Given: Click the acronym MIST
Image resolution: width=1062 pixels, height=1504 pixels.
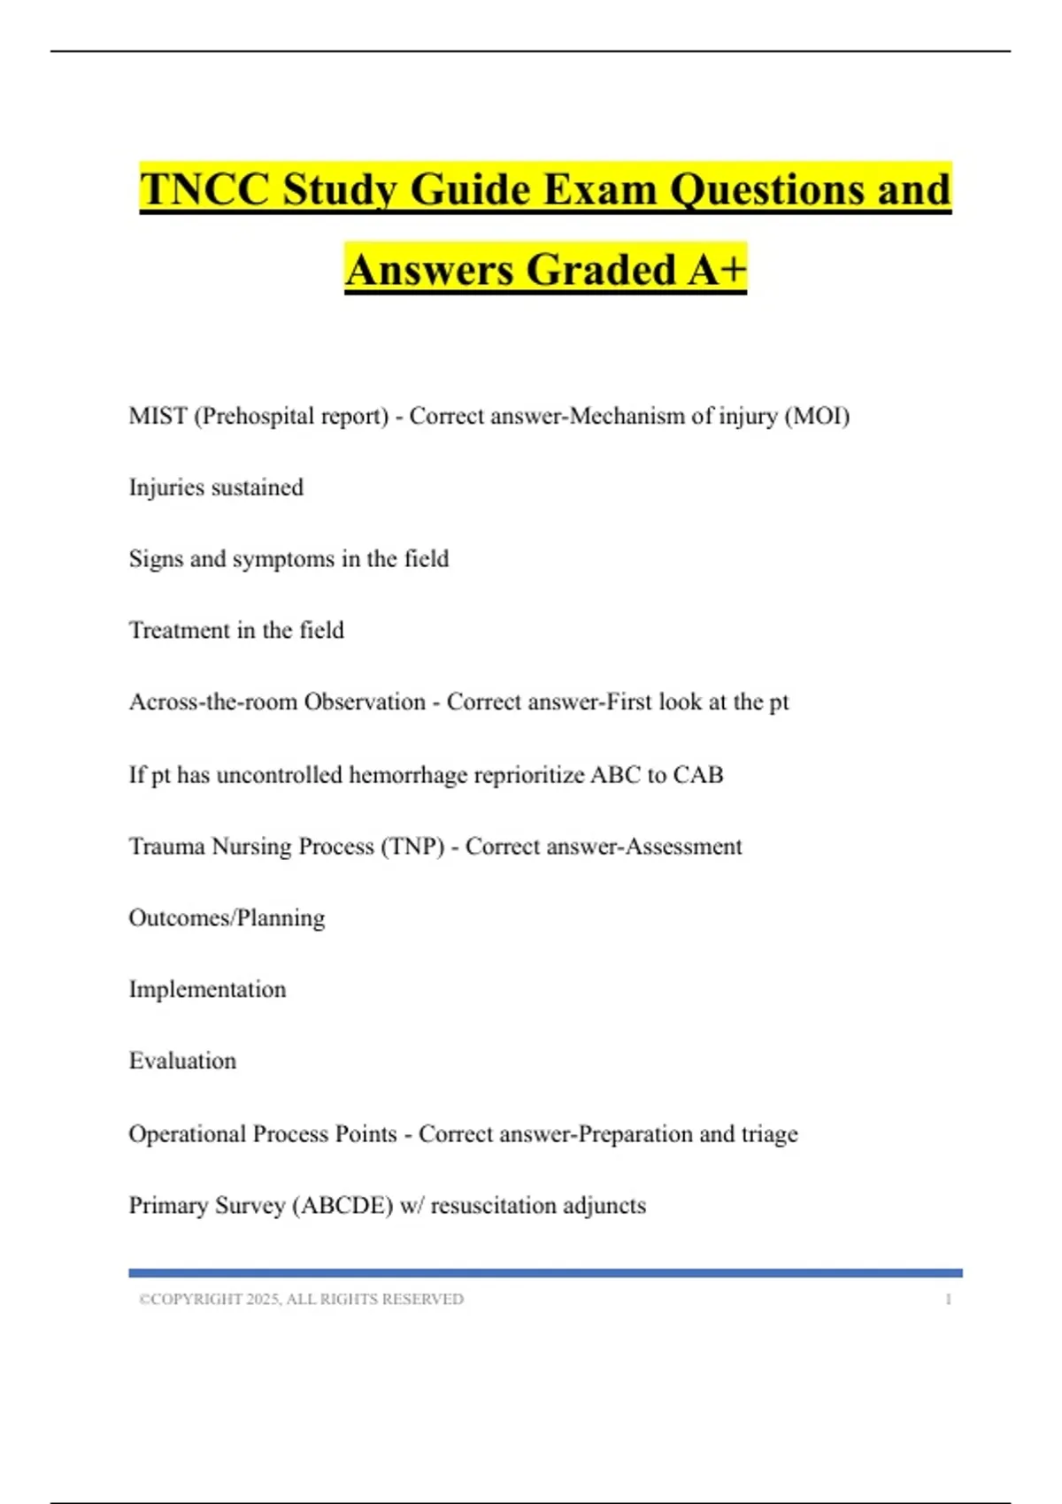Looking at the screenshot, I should pos(158,416).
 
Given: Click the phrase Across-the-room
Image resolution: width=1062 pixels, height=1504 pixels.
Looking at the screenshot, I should pos(212,702).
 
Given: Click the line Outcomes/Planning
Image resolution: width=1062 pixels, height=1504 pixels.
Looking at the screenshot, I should pos(227,918).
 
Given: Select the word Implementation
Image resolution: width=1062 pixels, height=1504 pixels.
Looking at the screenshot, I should pos(207,989).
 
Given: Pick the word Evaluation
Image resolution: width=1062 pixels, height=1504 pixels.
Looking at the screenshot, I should pos(182,1061).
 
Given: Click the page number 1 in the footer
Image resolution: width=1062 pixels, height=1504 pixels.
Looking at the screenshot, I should pos(948,1300).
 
